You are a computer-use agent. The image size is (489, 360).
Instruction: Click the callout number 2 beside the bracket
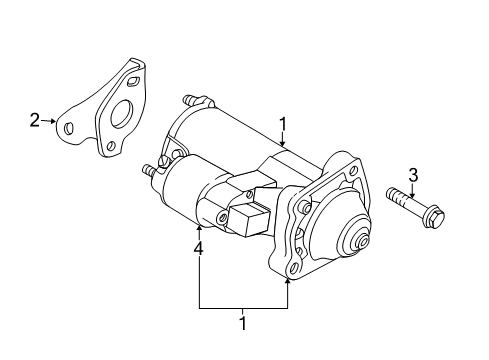pyautogui.click(x=34, y=120)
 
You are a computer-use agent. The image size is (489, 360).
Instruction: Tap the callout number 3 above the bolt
pyautogui.click(x=413, y=175)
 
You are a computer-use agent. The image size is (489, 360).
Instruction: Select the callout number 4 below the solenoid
pyautogui.click(x=199, y=249)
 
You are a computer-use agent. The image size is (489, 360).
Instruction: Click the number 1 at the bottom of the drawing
pyautogui.click(x=243, y=323)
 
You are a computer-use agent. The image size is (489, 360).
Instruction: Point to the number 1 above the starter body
pyautogui.click(x=283, y=124)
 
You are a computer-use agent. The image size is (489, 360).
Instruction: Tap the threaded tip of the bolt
pyautogui.click(x=389, y=193)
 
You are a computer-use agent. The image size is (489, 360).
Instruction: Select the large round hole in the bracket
pyautogui.click(x=122, y=115)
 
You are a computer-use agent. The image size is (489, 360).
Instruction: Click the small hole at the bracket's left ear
pyautogui.click(x=69, y=128)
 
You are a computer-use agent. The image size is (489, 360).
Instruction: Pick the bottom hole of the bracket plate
pyautogui.click(x=111, y=146)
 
